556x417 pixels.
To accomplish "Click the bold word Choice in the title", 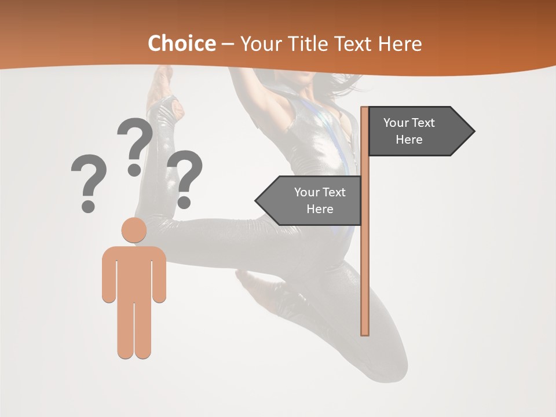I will [x=181, y=43].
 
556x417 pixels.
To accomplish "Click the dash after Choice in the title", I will [x=228, y=44].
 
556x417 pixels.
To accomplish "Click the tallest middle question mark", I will [x=135, y=147].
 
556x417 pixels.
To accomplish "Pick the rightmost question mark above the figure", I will [x=185, y=178].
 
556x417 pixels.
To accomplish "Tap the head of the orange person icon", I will [x=134, y=230].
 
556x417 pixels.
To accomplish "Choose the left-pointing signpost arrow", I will [x=310, y=201].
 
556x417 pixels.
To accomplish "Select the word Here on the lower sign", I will [x=320, y=209].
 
